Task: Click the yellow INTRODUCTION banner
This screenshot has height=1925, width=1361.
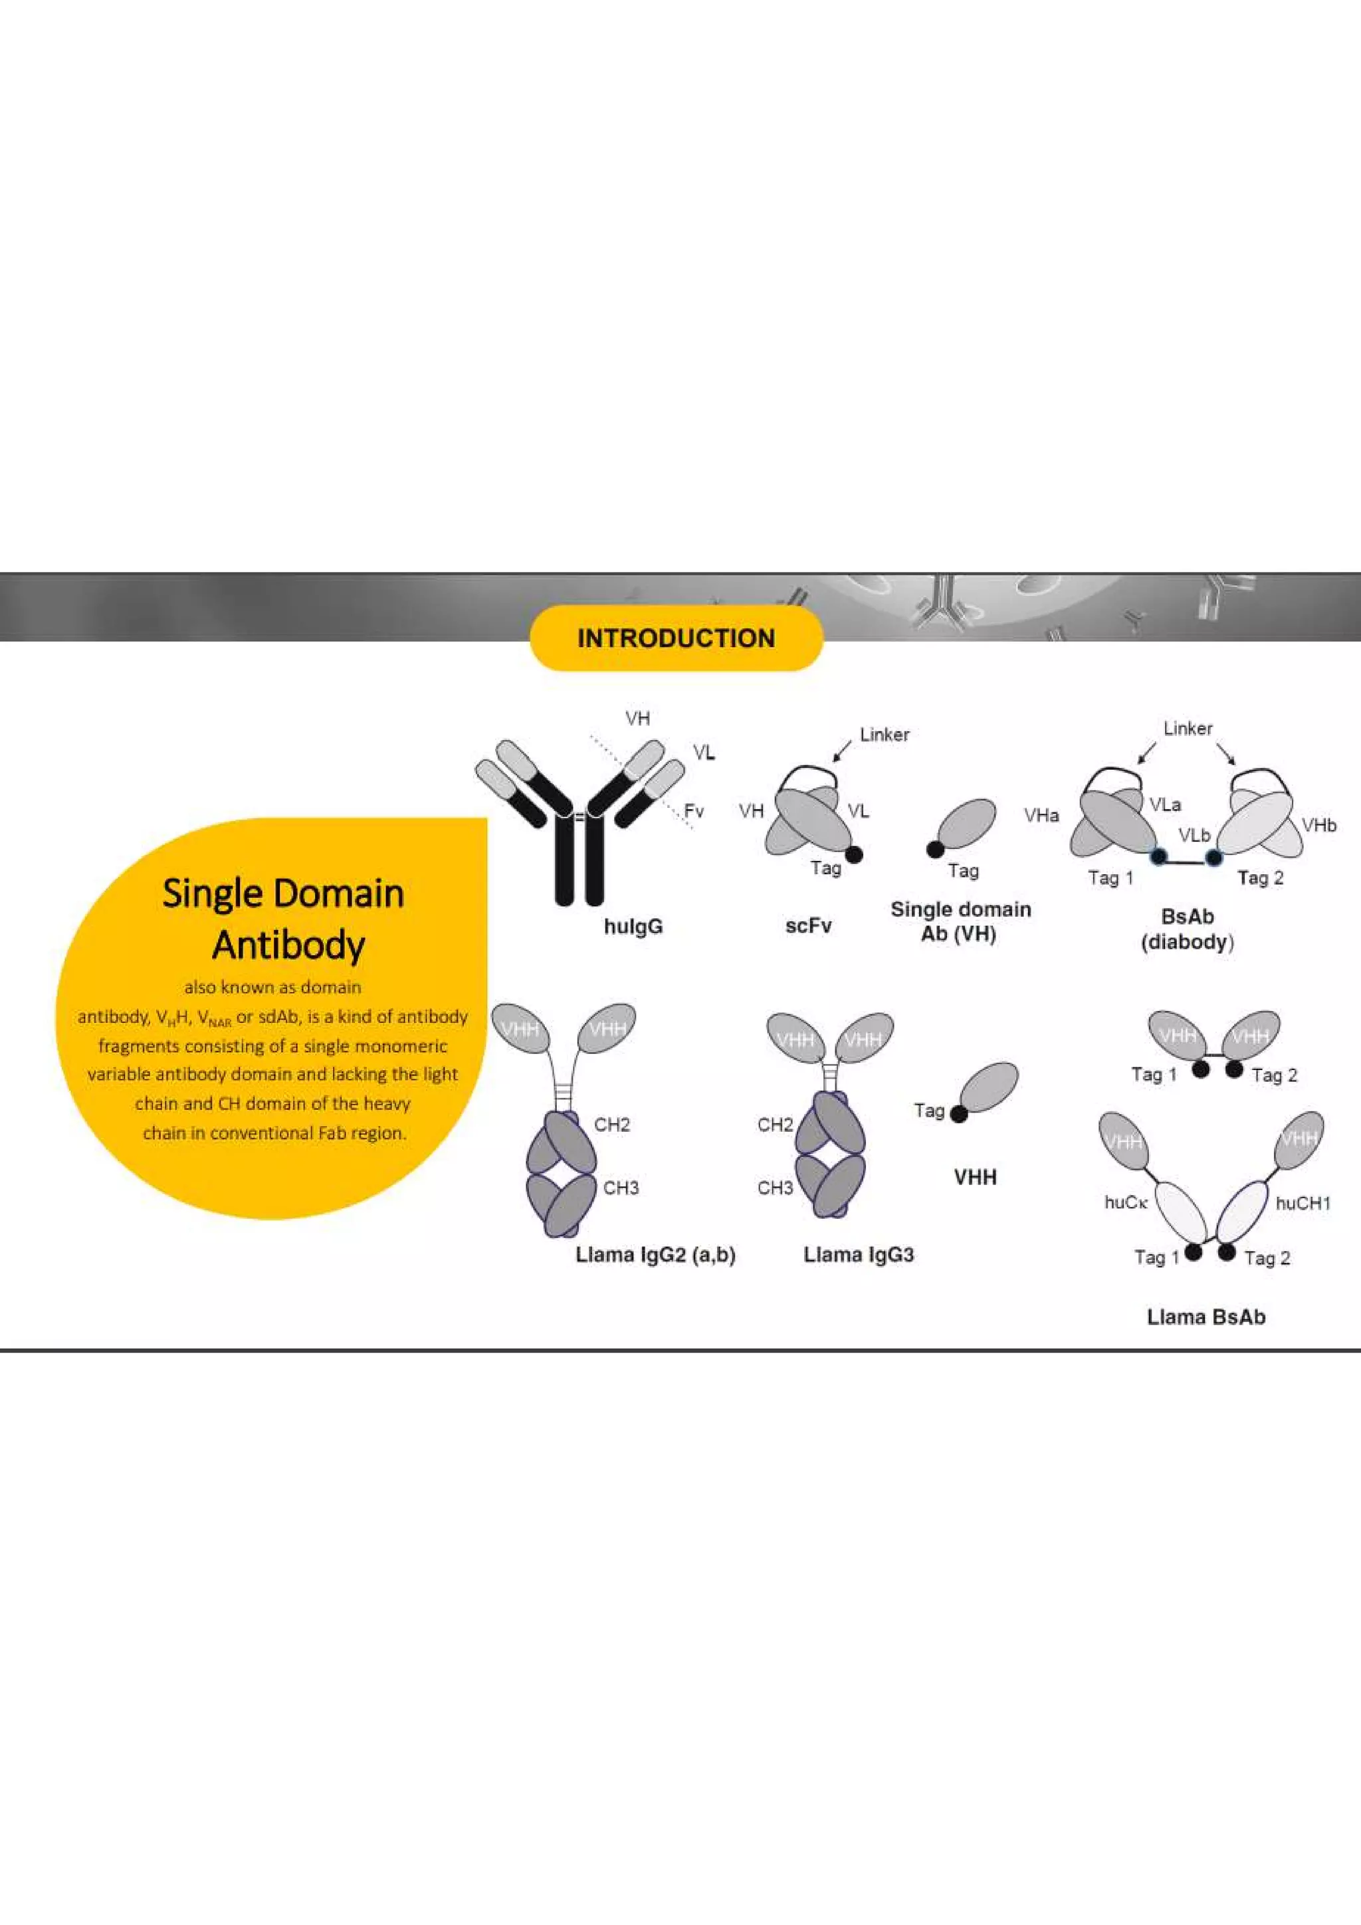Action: tap(676, 638)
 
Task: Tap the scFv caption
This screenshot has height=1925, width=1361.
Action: tap(808, 925)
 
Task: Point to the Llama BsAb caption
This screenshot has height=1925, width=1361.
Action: tap(1205, 1317)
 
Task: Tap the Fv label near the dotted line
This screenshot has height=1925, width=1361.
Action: tap(694, 811)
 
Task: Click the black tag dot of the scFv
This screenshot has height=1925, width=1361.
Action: tap(854, 854)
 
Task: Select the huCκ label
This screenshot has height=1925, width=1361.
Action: tap(1124, 1203)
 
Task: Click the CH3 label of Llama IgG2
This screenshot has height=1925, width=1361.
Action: tap(621, 1187)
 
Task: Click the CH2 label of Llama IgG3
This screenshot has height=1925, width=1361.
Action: tap(774, 1125)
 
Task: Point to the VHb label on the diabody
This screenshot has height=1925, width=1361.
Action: tap(1318, 826)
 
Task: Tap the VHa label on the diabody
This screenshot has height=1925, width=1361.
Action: tap(1041, 815)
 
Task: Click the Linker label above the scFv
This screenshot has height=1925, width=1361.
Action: tap(884, 735)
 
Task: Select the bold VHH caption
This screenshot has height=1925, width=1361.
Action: tap(976, 1177)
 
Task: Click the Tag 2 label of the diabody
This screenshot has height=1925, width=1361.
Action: tap(1259, 878)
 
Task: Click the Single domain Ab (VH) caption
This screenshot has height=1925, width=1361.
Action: tap(960, 921)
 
